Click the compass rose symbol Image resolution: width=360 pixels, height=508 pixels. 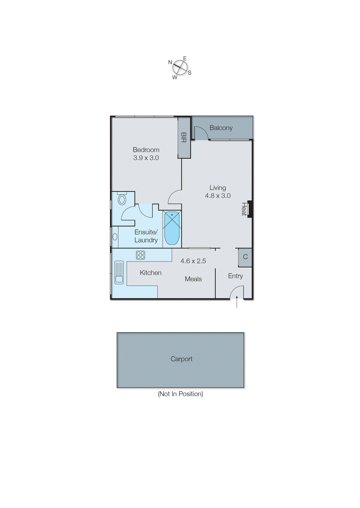180,68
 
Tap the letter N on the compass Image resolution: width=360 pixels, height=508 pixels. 170,62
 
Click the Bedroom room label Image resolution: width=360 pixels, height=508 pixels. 146,150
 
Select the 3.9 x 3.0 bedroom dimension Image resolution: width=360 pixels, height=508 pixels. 146,158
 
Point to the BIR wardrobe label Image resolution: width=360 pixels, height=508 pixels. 183,137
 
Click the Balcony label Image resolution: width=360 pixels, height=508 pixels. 221,128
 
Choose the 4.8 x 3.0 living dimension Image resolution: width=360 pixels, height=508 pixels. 218,196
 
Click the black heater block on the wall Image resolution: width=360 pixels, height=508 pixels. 250,209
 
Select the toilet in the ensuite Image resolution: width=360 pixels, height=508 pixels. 122,199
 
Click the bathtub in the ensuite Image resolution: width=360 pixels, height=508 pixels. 172,228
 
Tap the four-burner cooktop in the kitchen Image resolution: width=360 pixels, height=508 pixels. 140,255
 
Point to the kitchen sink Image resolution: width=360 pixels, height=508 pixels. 119,272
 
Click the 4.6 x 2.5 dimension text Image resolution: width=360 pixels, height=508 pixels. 193,261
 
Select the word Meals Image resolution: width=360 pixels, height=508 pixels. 193,279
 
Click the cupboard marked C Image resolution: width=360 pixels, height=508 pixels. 245,257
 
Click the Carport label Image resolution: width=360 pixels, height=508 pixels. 181,359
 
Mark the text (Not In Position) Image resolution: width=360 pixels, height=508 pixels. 180,394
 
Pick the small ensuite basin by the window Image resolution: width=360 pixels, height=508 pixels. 115,237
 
